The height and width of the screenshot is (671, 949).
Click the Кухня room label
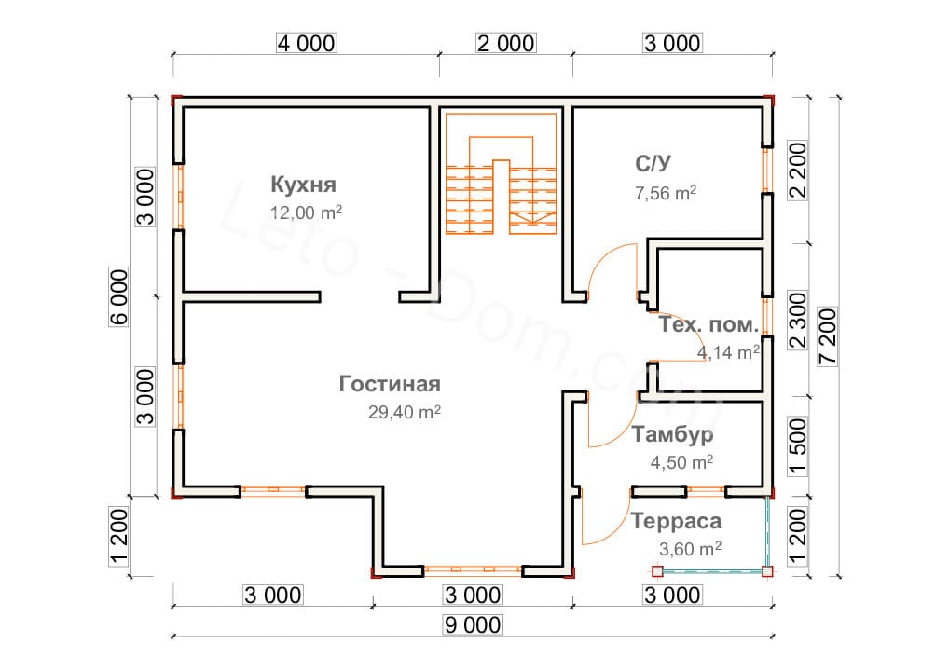[x=303, y=183]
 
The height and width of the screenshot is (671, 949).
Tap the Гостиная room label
[x=389, y=384]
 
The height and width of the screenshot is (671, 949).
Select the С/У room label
[x=653, y=164]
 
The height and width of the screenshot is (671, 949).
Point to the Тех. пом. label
[x=708, y=326]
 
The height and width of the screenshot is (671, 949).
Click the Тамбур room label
[x=673, y=434]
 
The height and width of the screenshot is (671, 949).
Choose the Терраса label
[x=676, y=521]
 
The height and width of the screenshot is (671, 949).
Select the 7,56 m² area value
[x=665, y=193]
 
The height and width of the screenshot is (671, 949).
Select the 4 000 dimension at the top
[x=305, y=43]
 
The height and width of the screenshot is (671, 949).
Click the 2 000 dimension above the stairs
[x=505, y=43]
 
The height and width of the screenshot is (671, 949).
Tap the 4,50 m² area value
[x=681, y=462]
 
